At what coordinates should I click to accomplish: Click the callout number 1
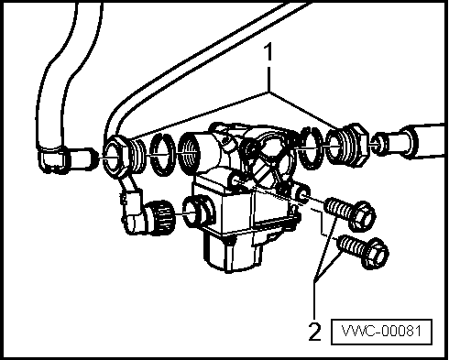click(268, 52)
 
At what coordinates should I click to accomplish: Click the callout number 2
click(315, 332)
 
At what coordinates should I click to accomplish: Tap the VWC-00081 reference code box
click(381, 332)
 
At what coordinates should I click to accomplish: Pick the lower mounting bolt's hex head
click(375, 253)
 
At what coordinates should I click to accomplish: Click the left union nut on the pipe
click(115, 157)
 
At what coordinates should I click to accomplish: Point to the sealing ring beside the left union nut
click(163, 155)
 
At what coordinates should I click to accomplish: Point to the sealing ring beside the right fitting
click(311, 148)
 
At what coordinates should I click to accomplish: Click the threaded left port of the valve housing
click(194, 152)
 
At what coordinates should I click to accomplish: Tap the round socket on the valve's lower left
click(196, 212)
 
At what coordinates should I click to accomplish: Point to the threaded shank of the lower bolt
click(351, 245)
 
